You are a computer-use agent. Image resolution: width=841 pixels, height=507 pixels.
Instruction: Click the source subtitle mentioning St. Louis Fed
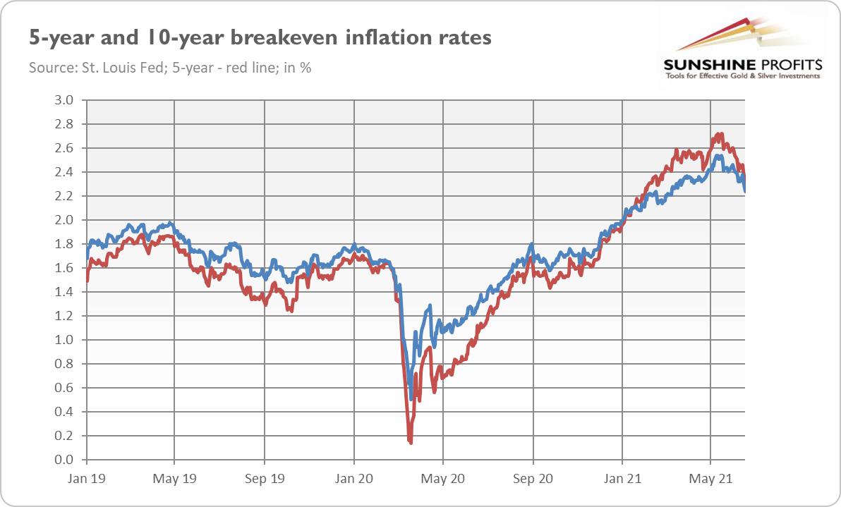pos(170,68)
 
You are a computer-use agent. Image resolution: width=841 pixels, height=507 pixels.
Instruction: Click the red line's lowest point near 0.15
pos(410,442)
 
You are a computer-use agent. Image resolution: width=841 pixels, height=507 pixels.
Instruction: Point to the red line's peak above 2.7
pos(720,134)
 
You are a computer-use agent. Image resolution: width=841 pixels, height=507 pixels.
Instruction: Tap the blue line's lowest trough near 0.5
pos(411,399)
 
